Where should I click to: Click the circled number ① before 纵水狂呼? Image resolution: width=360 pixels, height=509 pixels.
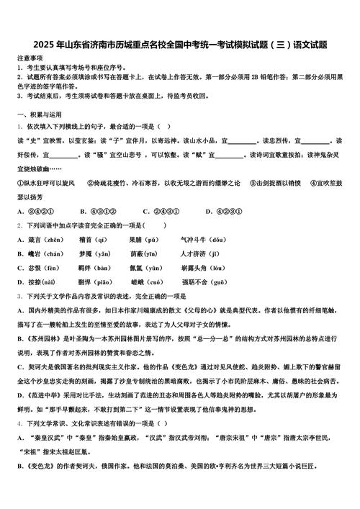point(20,184)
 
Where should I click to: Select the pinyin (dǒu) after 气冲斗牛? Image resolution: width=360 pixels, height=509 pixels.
point(215,239)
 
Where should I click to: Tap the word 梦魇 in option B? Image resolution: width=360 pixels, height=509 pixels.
point(87,253)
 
